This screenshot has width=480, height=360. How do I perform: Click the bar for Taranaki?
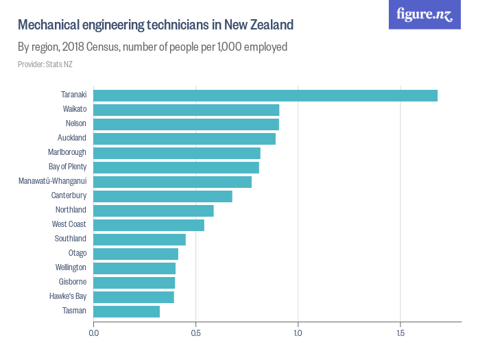pyautogui.click(x=265, y=95)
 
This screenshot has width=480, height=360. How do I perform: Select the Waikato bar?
pyautogui.click(x=186, y=110)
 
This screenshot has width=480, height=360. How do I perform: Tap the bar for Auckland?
pyautogui.click(x=184, y=139)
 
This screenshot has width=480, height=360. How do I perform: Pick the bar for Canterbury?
pyautogui.click(x=163, y=196)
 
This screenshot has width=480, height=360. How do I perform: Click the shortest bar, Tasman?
pyautogui.click(x=126, y=311)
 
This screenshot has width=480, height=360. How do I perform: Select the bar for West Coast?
pyautogui.click(x=149, y=225)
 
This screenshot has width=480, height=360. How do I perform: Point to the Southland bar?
pyautogui.click(x=139, y=239)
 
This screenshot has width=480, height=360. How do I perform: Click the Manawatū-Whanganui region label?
pyautogui.click(x=52, y=182)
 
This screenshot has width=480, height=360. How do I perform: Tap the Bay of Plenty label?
pyautogui.click(x=67, y=167)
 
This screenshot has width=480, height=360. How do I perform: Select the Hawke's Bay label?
pyautogui.click(x=68, y=297)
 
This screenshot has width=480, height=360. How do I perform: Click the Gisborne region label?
pyautogui.click(x=72, y=283)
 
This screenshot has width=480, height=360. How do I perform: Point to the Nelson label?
pyautogui.click(x=75, y=124)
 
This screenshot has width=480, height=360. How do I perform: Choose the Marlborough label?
pyautogui.click(x=67, y=153)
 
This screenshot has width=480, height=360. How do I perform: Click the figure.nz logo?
pyautogui.click(x=424, y=14)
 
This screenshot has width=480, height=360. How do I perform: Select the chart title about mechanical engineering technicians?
pyautogui.click(x=155, y=25)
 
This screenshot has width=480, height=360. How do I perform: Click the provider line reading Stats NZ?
pyautogui.click(x=45, y=64)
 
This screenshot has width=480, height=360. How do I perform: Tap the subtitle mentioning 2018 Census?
pyautogui.click(x=152, y=47)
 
